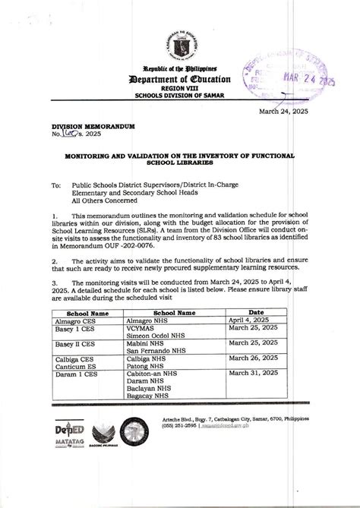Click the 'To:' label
pyautogui.click(x=55, y=185)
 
